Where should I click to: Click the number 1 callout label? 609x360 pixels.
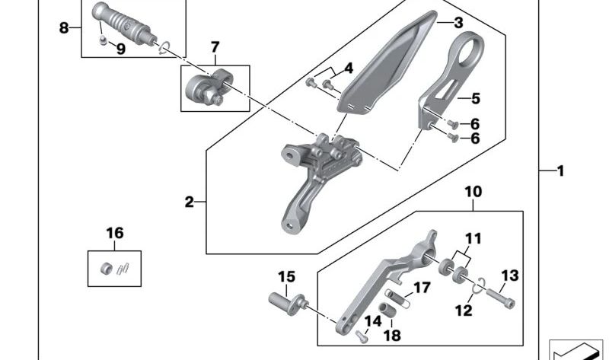[560, 172]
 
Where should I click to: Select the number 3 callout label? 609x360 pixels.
[458, 24]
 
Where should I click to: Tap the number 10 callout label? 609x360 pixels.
[473, 192]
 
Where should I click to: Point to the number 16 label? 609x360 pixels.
[114, 233]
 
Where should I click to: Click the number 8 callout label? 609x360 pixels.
[64, 28]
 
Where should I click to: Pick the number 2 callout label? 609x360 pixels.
[190, 202]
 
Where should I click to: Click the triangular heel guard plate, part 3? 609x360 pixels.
[384, 65]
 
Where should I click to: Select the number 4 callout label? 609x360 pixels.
[348, 68]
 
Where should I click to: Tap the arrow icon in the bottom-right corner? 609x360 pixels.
[576, 350]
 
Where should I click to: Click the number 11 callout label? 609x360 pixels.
[473, 238]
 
